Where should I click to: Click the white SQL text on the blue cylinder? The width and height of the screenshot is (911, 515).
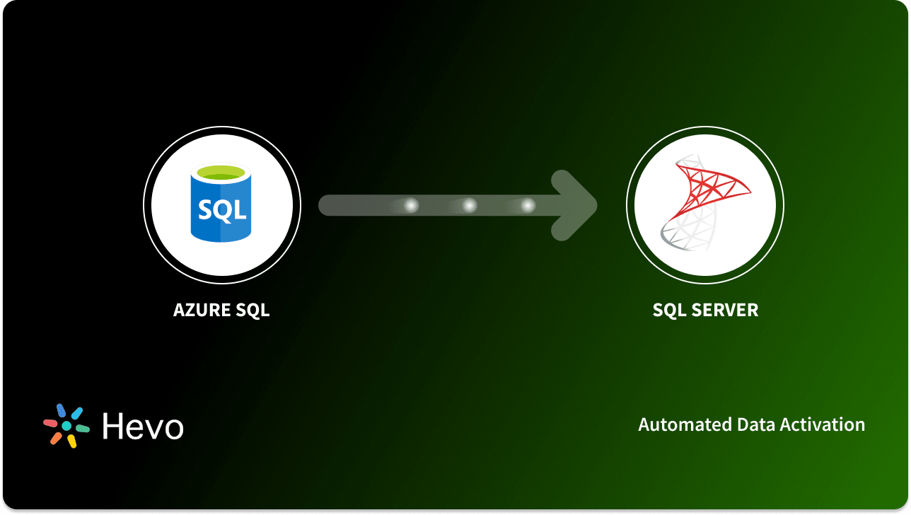pyautogui.click(x=222, y=210)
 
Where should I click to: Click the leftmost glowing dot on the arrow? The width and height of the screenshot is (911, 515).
pyautogui.click(x=411, y=206)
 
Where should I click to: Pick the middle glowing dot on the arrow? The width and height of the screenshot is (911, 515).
pyautogui.click(x=469, y=206)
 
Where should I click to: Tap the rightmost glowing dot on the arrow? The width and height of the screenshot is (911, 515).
pyautogui.click(x=528, y=206)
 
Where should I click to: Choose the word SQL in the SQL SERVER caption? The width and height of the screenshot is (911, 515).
pyautogui.click(x=669, y=310)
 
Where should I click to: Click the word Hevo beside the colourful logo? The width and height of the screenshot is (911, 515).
pyautogui.click(x=143, y=426)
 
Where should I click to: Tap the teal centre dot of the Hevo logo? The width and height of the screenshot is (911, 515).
pyautogui.click(x=66, y=426)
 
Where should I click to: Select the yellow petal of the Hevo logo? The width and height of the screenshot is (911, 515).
pyautogui.click(x=72, y=441)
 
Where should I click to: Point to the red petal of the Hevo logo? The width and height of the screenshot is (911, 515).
pyautogui.click(x=51, y=423)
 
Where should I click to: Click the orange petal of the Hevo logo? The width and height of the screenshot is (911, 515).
pyautogui.click(x=56, y=439)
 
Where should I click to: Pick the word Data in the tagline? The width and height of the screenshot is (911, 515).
pyautogui.click(x=755, y=424)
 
